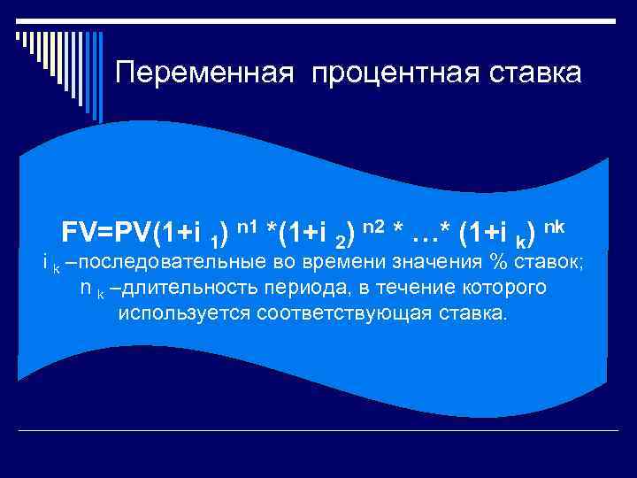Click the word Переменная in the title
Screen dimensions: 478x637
pyautogui.click(x=205, y=73)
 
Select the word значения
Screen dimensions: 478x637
pyautogui.click(x=420, y=263)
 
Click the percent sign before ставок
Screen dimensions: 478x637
pyautogui.click(x=491, y=263)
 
